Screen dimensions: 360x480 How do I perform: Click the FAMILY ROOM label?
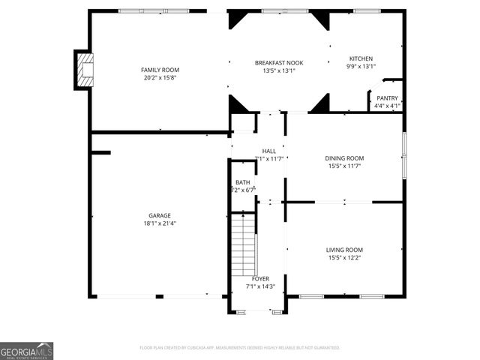[160, 70]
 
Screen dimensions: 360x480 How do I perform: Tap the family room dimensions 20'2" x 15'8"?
[160, 77]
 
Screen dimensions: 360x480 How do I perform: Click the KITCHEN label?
[360, 58]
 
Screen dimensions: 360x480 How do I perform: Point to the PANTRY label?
[387, 98]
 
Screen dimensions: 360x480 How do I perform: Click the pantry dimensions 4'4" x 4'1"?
[387, 106]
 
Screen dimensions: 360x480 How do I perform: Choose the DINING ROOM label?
[344, 158]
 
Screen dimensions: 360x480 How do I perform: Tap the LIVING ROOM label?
[344, 250]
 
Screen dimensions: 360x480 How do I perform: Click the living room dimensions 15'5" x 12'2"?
[344, 257]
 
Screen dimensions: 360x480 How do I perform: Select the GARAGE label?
[160, 215]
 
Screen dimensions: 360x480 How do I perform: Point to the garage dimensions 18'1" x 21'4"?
[160, 223]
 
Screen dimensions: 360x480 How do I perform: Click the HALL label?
[268, 151]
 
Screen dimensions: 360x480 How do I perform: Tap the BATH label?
[243, 182]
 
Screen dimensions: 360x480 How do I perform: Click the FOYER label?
[260, 279]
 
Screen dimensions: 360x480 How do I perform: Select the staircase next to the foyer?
[243, 244]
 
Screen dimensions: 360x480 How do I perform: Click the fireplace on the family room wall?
[84, 70]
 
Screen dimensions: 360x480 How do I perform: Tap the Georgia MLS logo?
[26, 350]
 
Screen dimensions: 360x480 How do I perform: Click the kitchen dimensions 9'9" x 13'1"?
[360, 66]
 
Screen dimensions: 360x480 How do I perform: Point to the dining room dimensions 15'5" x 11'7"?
[344, 166]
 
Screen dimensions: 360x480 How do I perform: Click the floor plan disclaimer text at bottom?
[240, 348]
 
